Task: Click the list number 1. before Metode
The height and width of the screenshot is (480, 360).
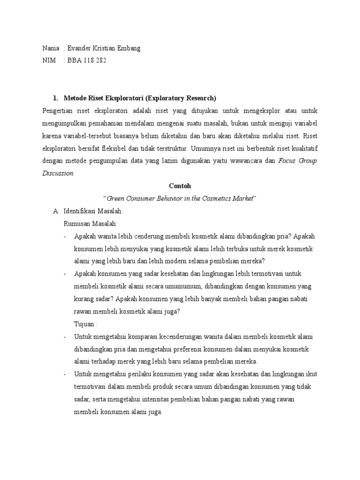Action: pos(55,98)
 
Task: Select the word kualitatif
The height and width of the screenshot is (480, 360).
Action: pos(302,148)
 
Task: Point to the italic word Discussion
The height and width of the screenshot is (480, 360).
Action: pos(58,173)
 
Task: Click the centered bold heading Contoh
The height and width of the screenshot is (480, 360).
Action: pos(180,186)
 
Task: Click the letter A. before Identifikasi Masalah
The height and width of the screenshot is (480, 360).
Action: pos(56,211)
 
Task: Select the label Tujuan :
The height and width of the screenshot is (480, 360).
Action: pos(86,324)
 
